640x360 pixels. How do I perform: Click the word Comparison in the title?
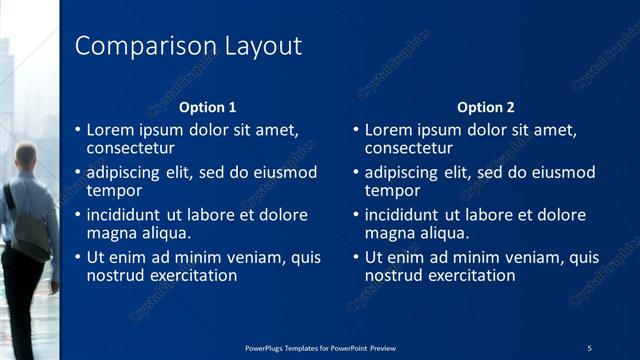(136, 46)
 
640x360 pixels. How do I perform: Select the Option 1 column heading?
(208, 107)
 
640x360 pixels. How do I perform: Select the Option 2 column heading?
(486, 107)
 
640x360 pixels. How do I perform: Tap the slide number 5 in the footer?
(589, 347)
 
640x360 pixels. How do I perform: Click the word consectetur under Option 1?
(130, 149)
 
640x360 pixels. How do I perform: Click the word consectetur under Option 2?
(408, 149)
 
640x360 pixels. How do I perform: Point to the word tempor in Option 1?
(114, 191)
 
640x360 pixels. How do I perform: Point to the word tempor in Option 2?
(392, 191)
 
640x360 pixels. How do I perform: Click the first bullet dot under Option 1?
(78, 130)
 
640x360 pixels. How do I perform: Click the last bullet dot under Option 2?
(356, 257)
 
